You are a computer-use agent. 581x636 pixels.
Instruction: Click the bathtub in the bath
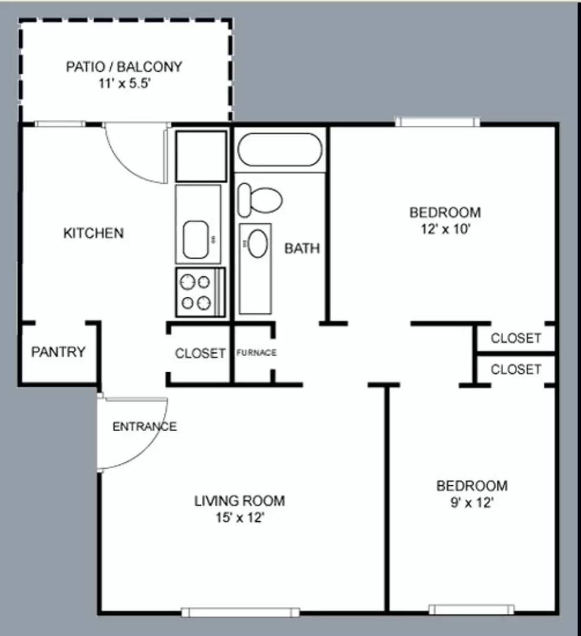[279, 150]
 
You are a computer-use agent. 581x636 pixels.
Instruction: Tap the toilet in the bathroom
[259, 199]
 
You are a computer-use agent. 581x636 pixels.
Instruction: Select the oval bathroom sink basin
[256, 244]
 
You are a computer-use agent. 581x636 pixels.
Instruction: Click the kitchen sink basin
[196, 239]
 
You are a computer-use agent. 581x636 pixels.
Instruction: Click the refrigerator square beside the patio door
[201, 156]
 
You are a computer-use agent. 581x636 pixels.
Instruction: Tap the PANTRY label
[58, 352]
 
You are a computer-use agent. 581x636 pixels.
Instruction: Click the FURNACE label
[256, 353]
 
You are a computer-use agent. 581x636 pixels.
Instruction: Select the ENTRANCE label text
[144, 426]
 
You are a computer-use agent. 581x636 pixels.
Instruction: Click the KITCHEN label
[94, 233]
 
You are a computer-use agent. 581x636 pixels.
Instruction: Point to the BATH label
[302, 249]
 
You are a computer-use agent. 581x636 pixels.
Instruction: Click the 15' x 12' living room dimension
[239, 518]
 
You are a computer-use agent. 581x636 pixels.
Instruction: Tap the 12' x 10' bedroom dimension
[445, 229]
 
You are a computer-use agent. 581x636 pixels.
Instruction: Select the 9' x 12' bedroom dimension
[471, 503]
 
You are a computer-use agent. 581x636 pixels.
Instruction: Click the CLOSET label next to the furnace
[200, 353]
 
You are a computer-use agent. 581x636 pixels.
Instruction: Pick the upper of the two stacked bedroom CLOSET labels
[516, 339]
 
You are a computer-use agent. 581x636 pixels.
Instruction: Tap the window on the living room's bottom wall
[240, 612]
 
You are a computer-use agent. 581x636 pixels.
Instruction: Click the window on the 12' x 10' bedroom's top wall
[437, 122]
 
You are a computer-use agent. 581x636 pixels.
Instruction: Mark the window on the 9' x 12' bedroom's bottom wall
[471, 609]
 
